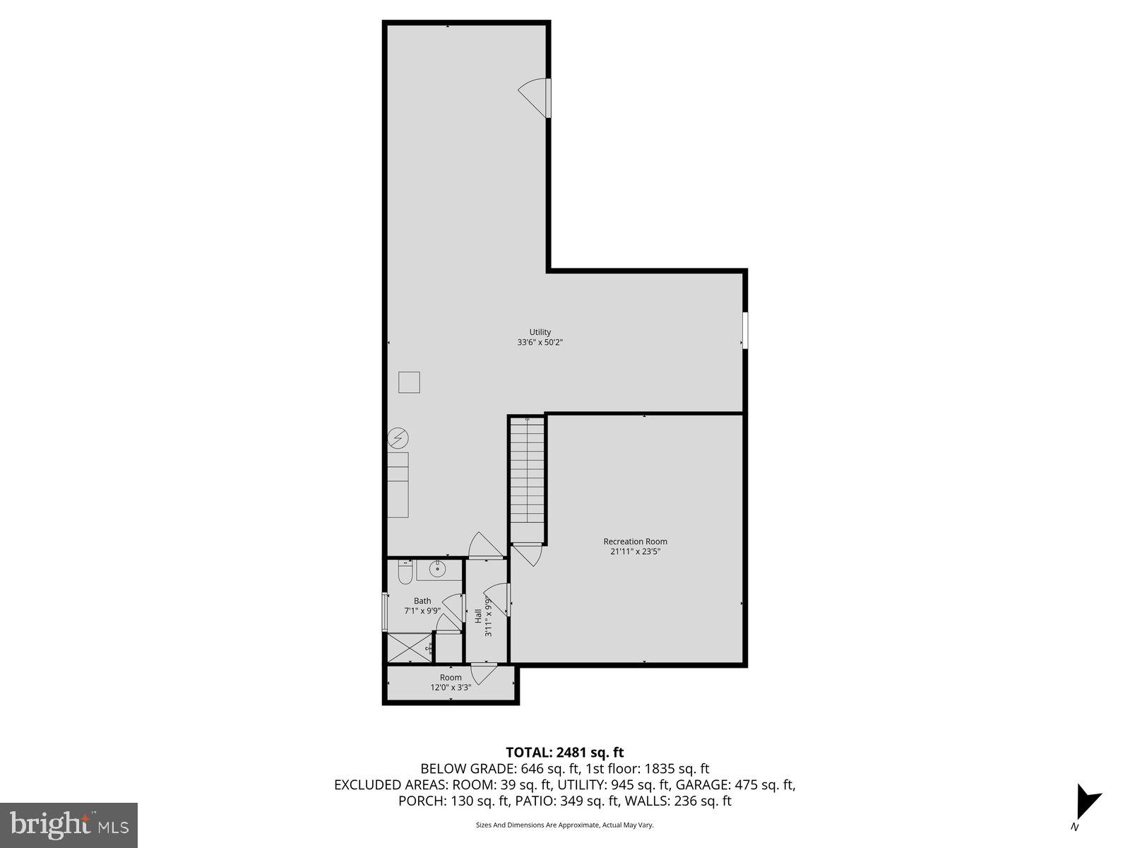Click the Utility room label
(540, 332)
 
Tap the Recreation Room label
(635, 542)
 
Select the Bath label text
(422, 601)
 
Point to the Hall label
(478, 616)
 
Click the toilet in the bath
(405, 573)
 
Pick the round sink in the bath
(438, 568)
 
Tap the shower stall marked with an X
(409, 647)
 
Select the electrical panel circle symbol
(398, 439)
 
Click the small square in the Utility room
(409, 382)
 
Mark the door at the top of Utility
(535, 98)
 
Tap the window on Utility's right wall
(744, 330)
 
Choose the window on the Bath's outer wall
(385, 612)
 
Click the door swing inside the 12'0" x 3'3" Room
(484, 673)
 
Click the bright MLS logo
(69, 825)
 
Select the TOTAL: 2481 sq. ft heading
(564, 753)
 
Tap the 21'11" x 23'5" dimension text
(635, 552)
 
